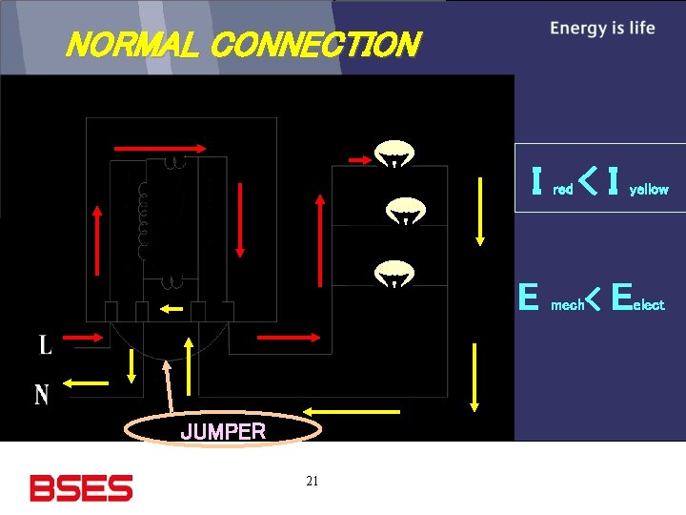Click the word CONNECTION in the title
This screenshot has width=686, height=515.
314,45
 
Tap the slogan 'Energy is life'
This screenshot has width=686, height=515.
602,29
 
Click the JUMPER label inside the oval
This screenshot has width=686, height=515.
223,431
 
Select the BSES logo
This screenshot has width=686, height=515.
81,488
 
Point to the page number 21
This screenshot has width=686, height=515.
312,481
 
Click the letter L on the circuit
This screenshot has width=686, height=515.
45,344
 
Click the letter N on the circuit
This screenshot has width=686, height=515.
42,393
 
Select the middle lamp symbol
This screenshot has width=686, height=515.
405,212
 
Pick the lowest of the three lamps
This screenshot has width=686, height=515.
393,274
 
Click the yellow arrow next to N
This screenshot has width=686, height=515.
87,384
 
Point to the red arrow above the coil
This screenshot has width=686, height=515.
159,148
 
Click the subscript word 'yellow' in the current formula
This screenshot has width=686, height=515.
648,190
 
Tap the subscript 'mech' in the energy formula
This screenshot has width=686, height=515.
568,305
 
